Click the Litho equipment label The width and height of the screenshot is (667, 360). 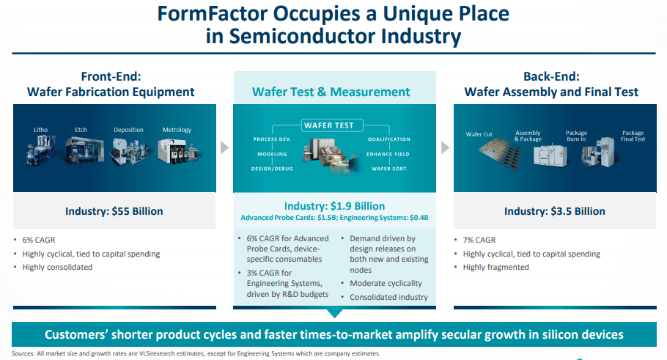(x=41, y=130)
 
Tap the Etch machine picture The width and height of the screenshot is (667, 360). (x=84, y=150)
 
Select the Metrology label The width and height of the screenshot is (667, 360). (x=177, y=130)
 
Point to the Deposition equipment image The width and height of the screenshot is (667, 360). (x=129, y=151)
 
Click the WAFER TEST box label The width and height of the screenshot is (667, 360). (x=329, y=125)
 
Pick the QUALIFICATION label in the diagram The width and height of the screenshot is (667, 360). (x=388, y=139)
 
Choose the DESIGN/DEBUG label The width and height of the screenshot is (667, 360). (x=272, y=169)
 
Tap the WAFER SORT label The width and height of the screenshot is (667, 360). (x=388, y=169)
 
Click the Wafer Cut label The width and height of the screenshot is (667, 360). (x=479, y=134)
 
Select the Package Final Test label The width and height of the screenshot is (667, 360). (x=633, y=136)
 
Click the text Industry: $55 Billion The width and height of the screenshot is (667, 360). (x=114, y=211)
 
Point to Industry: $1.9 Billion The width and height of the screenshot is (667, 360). (x=334, y=206)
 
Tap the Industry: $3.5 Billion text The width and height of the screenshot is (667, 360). (x=555, y=211)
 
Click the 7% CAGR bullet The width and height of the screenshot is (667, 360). (x=479, y=240)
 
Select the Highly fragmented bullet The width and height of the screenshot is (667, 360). (x=496, y=267)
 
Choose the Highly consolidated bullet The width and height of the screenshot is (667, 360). (x=57, y=267)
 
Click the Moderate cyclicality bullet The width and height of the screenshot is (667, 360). (x=386, y=284)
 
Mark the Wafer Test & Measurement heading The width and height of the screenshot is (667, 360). (x=331, y=92)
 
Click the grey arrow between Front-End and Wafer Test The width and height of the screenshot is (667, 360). (x=224, y=147)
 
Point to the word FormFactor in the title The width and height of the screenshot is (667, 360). (x=212, y=14)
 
